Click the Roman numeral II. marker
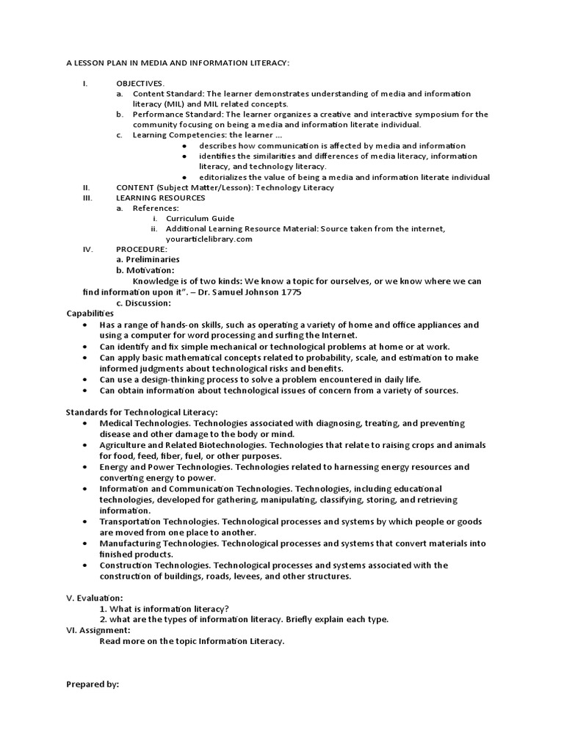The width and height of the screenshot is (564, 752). pos(86,187)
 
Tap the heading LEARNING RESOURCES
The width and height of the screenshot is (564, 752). pos(161,198)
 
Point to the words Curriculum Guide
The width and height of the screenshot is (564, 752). pos(200,218)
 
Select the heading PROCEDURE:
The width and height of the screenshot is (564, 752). pos(142,249)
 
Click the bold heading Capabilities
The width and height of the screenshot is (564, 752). pos(90,313)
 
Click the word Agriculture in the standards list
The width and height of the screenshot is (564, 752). pos(123,445)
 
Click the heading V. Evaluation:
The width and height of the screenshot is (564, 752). pos(95,598)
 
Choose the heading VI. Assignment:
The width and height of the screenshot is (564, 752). pos(98,630)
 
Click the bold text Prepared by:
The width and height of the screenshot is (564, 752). pos(93,684)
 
